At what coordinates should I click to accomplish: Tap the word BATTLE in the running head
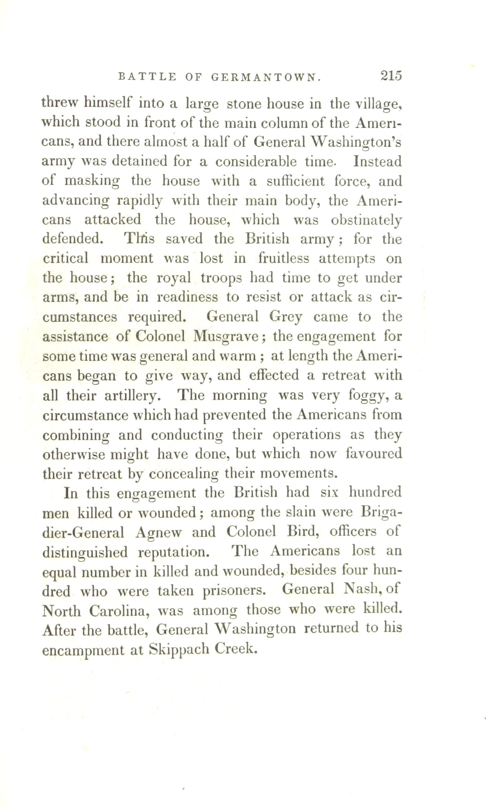tap(147, 77)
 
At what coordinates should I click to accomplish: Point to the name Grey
tap(285, 317)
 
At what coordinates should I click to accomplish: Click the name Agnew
tap(159, 532)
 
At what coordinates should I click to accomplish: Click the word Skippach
tap(179, 649)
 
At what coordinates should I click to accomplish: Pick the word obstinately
tap(366, 220)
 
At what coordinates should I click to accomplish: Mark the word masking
tap(92, 182)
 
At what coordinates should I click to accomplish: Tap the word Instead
tap(378, 162)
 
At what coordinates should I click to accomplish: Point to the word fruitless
tap(284, 258)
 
